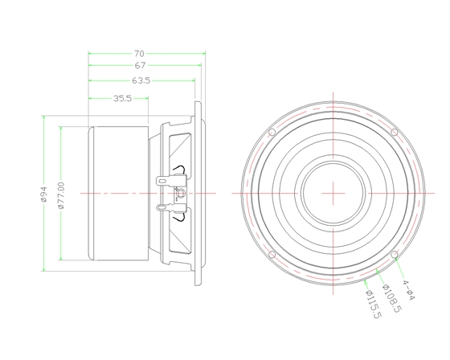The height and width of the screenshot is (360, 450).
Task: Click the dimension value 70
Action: pyautogui.click(x=145, y=53)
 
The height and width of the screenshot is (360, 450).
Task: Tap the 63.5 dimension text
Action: pyautogui.click(x=141, y=80)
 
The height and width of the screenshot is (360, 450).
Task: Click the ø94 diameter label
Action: pyautogui.click(x=44, y=194)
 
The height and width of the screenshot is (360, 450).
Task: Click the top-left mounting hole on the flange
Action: pyautogui.click(x=272, y=132)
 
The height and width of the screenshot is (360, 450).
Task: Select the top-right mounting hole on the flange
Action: pyautogui.click(x=394, y=132)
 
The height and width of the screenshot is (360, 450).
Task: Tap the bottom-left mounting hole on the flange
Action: pyautogui.click(x=272, y=255)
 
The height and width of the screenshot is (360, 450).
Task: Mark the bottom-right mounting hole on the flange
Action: pyautogui.click(x=394, y=255)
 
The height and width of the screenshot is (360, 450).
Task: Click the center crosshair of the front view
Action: pyautogui.click(x=333, y=193)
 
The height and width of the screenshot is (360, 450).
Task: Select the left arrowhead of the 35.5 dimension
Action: pyautogui.click(x=90, y=99)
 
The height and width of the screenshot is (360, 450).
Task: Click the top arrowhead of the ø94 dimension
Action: pyautogui.click(x=44, y=119)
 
